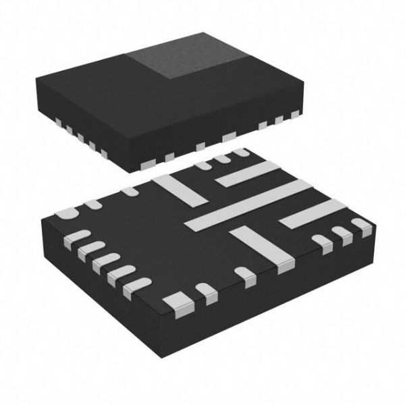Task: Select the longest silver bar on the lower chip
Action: coord(246,205)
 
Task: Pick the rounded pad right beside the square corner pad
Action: coord(205,292)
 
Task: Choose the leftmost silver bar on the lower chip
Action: coord(179,190)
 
